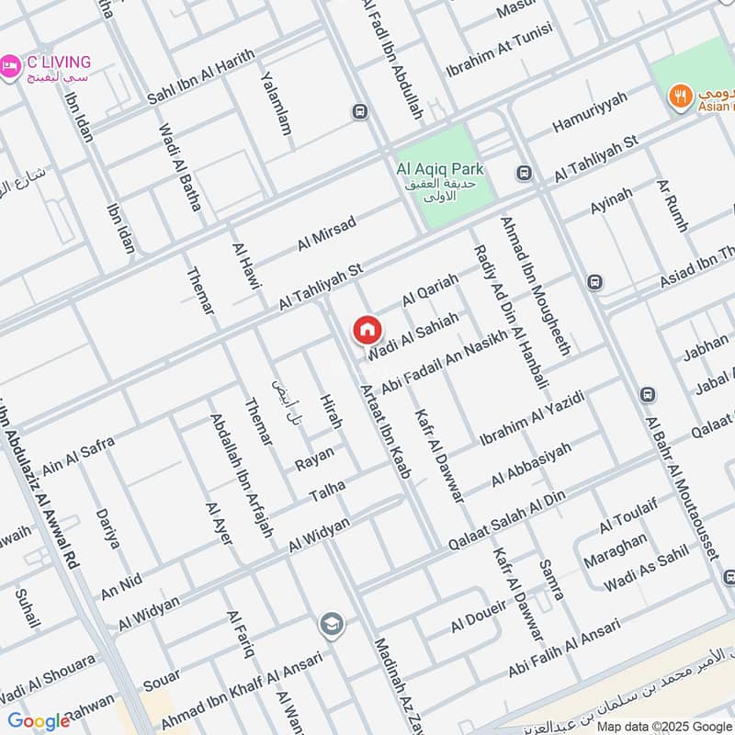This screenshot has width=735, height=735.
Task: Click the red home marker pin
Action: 367,330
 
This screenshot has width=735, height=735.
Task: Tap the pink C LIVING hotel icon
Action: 10,66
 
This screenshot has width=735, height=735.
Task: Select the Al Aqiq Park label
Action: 439,169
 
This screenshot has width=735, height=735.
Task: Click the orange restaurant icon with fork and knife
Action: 681,96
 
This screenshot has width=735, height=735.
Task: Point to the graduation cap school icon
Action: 332,626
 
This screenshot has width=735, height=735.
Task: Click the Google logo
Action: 38,720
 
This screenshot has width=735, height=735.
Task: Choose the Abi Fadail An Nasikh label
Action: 443,364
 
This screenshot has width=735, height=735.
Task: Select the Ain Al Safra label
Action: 78,455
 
